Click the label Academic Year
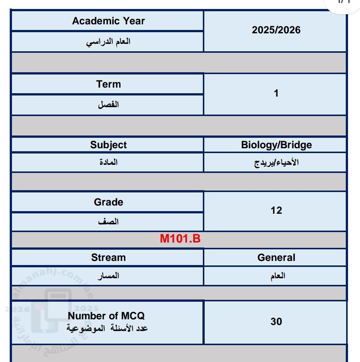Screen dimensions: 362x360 108,21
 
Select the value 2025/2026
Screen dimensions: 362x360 276,30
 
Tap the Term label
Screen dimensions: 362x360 108,84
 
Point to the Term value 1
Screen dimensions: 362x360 276,93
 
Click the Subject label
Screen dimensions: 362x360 108,145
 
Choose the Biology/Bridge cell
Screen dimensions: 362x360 276,145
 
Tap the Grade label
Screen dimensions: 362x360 108,202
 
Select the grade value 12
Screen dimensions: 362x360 276,210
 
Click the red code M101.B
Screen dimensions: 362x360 180,239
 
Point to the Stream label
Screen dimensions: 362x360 108,258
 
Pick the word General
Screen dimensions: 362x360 276,258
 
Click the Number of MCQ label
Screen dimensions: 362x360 106,316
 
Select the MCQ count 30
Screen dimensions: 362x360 276,322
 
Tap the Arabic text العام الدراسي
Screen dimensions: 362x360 108,42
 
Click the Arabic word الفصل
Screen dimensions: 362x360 108,104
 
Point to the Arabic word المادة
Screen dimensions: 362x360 108,162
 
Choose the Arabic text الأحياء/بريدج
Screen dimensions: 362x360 276,163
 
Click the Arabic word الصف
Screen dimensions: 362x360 108,222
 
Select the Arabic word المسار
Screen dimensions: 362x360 108,276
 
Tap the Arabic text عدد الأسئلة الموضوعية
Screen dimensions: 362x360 107,328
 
